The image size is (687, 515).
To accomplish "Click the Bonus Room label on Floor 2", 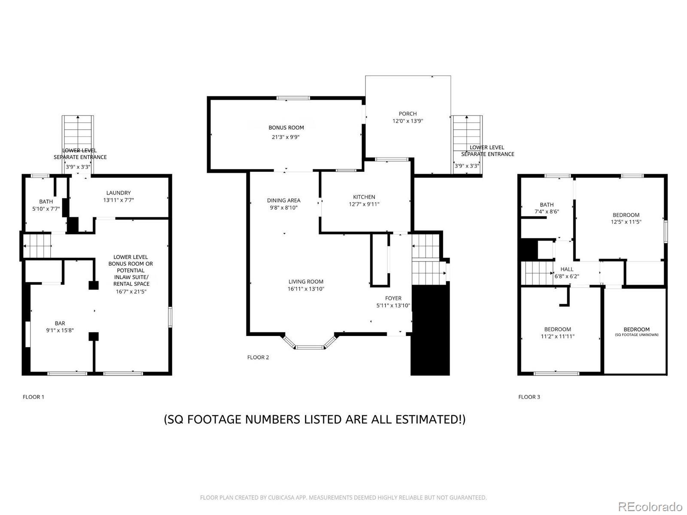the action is [x=286, y=127].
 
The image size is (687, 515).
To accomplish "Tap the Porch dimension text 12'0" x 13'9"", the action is [x=407, y=121].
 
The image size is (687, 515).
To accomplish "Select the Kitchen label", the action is [x=364, y=197].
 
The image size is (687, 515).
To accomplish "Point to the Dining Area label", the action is [x=283, y=200].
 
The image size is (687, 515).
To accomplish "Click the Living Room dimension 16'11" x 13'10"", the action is [x=306, y=289].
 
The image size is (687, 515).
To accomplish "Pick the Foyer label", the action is [x=393, y=298].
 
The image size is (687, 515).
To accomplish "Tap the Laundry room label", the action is [x=119, y=193].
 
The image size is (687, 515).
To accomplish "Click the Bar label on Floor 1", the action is [x=60, y=323].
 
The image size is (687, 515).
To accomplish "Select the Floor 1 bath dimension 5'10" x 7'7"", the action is [x=46, y=209].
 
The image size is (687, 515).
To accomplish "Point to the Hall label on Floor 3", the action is [x=567, y=269].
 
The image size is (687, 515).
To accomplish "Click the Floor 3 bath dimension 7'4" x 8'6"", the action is [x=547, y=212].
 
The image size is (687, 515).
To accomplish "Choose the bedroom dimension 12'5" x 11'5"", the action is [x=626, y=222].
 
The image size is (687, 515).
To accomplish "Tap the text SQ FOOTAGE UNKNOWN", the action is [x=637, y=335].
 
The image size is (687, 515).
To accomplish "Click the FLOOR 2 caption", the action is [x=258, y=357].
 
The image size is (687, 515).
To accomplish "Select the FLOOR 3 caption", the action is [x=529, y=397].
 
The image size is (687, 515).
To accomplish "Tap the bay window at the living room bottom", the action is [x=310, y=343].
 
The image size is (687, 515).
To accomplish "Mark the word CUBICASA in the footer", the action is [x=280, y=497].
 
